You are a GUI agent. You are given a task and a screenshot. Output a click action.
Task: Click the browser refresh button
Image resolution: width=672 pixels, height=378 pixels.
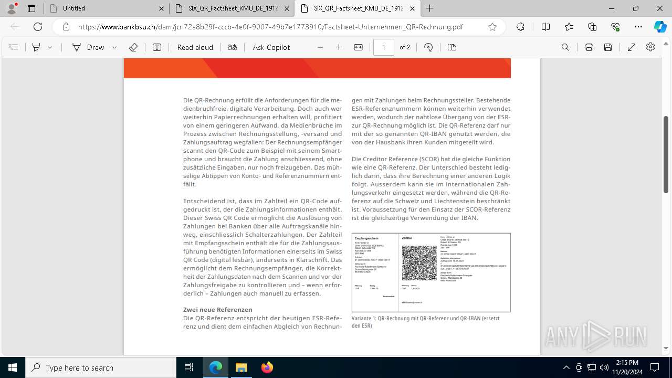pyautogui.click(x=38, y=27)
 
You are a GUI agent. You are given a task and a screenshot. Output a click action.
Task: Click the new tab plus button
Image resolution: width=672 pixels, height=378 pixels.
pyautogui.click(x=430, y=8)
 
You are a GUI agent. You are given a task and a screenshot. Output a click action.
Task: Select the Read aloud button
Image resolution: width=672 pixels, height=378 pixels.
pyautogui.click(x=195, y=47)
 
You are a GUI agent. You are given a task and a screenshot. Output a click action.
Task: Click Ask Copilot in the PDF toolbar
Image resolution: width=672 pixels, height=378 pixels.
pyautogui.click(x=271, y=47)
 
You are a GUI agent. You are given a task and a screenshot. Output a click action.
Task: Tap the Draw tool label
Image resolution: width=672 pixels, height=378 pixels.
pyautogui.click(x=95, y=47)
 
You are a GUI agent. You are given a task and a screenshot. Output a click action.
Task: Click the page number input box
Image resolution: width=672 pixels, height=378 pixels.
pyautogui.click(x=383, y=47)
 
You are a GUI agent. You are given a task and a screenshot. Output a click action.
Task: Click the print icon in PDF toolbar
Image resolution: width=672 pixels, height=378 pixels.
pyautogui.click(x=589, y=47)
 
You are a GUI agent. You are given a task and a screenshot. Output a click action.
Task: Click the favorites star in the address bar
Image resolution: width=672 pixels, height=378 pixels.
pyautogui.click(x=492, y=27)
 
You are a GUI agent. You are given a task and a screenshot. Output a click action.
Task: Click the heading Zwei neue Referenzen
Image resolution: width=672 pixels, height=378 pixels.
pyautogui.click(x=217, y=310)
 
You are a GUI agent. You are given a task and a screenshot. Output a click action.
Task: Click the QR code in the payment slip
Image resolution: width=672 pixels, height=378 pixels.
pyautogui.click(x=419, y=263)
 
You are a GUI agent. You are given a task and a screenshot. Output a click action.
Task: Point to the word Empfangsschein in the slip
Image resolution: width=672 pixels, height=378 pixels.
pyautogui.click(x=366, y=238)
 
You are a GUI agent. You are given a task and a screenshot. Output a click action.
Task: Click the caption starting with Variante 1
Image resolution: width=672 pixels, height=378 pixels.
pyautogui.click(x=425, y=319)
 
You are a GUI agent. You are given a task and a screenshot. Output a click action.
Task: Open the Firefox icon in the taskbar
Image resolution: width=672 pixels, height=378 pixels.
pyautogui.click(x=267, y=367)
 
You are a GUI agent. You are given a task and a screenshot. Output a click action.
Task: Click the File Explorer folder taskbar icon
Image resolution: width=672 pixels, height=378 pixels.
pyautogui.click(x=241, y=367)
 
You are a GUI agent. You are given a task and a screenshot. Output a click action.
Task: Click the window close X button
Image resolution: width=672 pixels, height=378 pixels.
pyautogui.click(x=660, y=8)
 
